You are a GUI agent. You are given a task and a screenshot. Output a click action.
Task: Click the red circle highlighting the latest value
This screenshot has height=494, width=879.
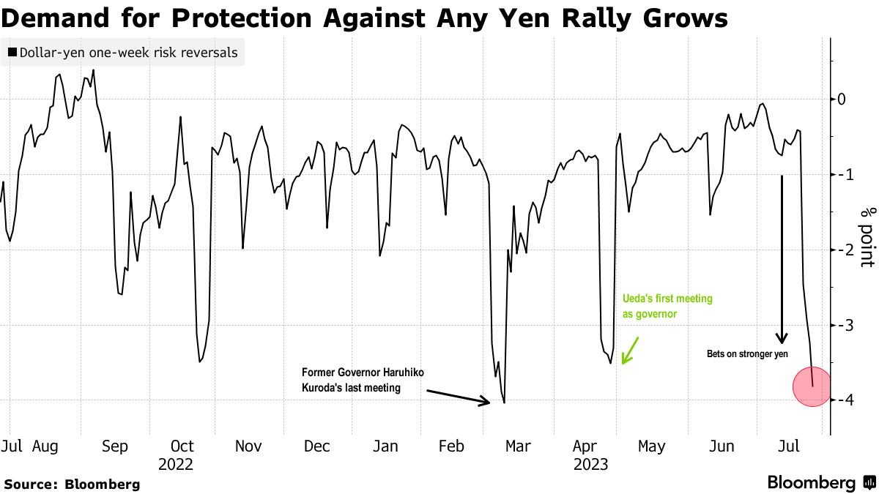811,387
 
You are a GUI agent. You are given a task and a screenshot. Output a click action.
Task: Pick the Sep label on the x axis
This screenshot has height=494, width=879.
115,446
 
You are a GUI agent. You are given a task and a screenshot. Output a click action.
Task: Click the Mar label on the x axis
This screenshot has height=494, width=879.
518,446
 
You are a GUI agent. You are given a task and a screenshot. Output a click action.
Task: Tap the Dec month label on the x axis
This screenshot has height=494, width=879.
317,446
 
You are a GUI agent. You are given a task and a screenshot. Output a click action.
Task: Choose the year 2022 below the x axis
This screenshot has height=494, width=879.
176,464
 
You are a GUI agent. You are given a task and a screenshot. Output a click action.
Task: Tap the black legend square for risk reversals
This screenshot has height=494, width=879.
12,53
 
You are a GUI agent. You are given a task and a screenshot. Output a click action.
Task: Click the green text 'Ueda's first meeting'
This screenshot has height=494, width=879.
667,299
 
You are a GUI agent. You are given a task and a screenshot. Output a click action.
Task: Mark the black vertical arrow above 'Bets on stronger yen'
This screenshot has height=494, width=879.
782,260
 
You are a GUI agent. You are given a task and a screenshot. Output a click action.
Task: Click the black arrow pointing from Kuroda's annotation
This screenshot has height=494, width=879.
458,396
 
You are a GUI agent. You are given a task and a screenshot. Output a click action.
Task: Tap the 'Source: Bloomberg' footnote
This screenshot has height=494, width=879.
72,484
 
